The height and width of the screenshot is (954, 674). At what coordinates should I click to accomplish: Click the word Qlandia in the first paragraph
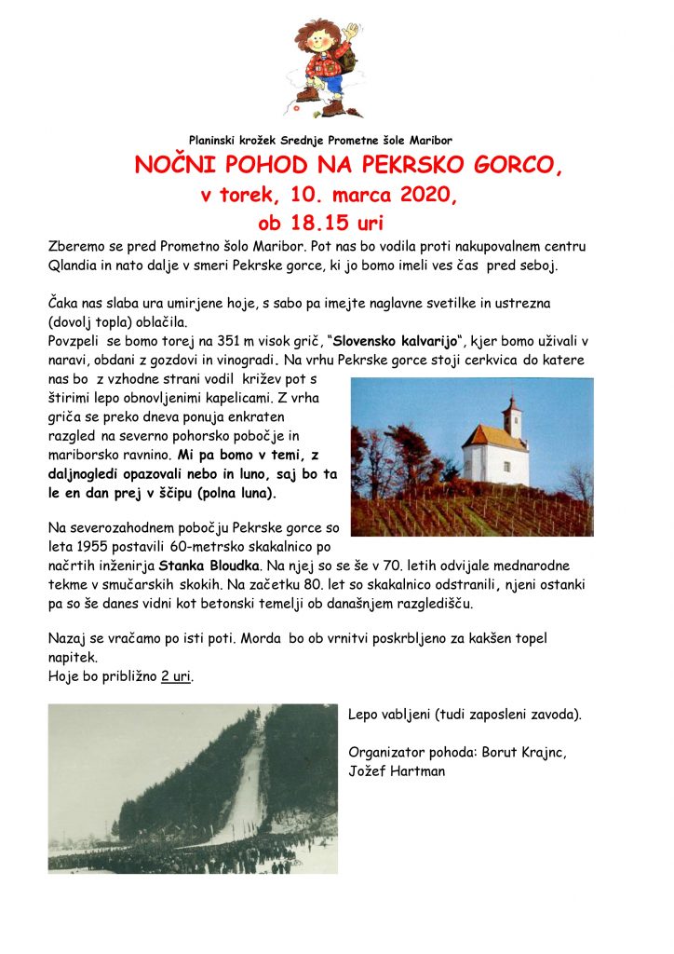[x=74, y=266]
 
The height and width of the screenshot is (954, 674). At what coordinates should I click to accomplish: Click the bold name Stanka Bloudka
[x=212, y=565]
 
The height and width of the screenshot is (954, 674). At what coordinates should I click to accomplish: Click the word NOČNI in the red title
[x=171, y=166]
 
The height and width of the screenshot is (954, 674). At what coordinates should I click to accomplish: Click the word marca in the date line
[x=349, y=196]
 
